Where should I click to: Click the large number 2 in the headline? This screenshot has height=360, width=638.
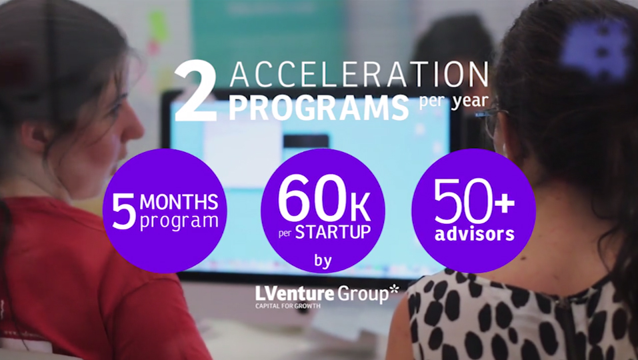pos(195,91)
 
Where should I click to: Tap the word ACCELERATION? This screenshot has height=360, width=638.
pos(359,75)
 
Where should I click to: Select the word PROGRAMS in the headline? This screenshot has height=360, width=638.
pos(319,108)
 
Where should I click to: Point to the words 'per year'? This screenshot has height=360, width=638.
pos(454,101)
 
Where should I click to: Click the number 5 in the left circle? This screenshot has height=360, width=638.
pos(123,211)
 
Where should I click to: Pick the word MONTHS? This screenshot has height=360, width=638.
pos(179,202)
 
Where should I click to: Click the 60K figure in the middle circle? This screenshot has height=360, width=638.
pos(324,199)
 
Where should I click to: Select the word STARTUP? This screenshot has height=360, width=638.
pos(333,232)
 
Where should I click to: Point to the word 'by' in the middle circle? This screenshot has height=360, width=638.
pos(323,261)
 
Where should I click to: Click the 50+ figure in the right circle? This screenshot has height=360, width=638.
pos(474,202)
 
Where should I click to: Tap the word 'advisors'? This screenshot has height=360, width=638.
pos(475,233)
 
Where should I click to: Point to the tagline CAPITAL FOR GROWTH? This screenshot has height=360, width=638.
pos(288,305)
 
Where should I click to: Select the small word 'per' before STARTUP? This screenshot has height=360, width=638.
pos(285,234)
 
